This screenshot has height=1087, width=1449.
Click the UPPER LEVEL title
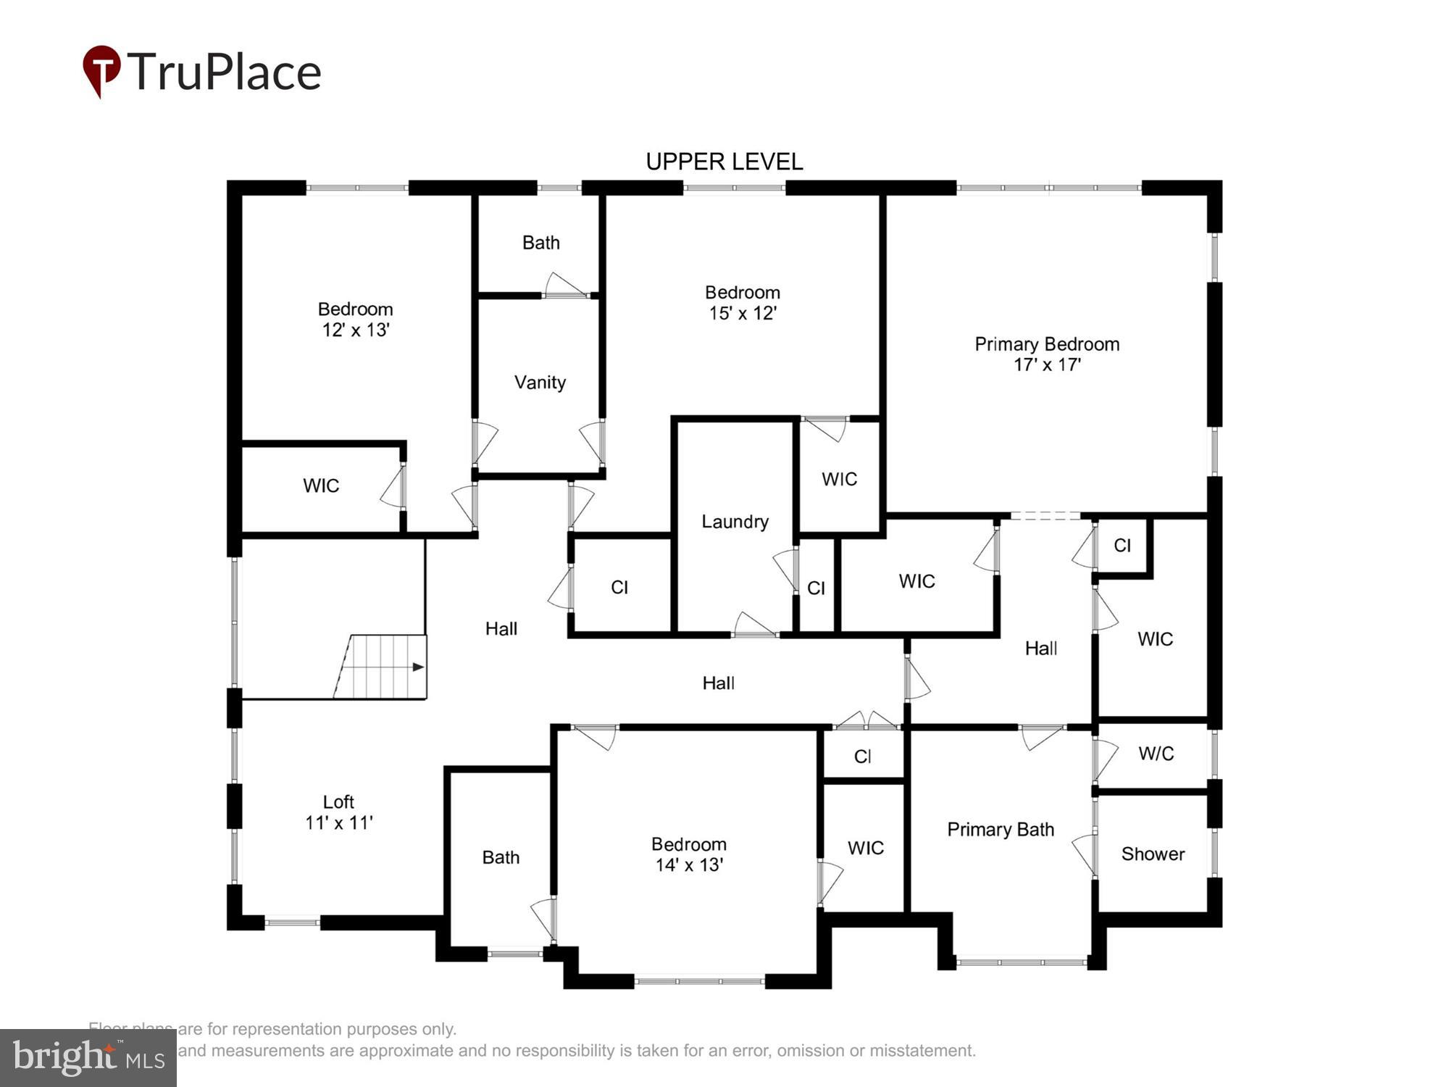tap(724, 162)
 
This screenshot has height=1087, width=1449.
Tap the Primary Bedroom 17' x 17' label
tap(1046, 354)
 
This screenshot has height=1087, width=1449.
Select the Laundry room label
tap(735, 522)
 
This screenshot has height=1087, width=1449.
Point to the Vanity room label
tap(540, 383)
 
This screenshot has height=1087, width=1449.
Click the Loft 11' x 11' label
tap(338, 812)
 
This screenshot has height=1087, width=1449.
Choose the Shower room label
tap(1153, 854)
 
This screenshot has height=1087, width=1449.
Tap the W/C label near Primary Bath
tap(1156, 754)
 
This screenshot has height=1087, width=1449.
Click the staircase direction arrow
tap(417, 667)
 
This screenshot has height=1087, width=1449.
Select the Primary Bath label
tap(1000, 830)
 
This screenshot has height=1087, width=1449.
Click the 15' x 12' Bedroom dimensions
tap(743, 313)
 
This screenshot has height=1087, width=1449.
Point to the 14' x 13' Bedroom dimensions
tap(689, 865)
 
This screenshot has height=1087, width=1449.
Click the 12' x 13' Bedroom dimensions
tap(356, 330)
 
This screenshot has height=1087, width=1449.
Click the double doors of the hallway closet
tap(867, 722)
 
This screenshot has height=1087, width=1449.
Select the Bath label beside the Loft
tap(501, 857)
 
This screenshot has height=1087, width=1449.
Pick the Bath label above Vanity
tap(540, 243)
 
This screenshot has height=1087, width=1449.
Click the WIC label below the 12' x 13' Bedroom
tap(321, 486)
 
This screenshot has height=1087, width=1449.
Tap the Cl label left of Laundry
tap(619, 587)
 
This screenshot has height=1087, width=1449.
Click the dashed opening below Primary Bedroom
tap(1045, 515)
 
